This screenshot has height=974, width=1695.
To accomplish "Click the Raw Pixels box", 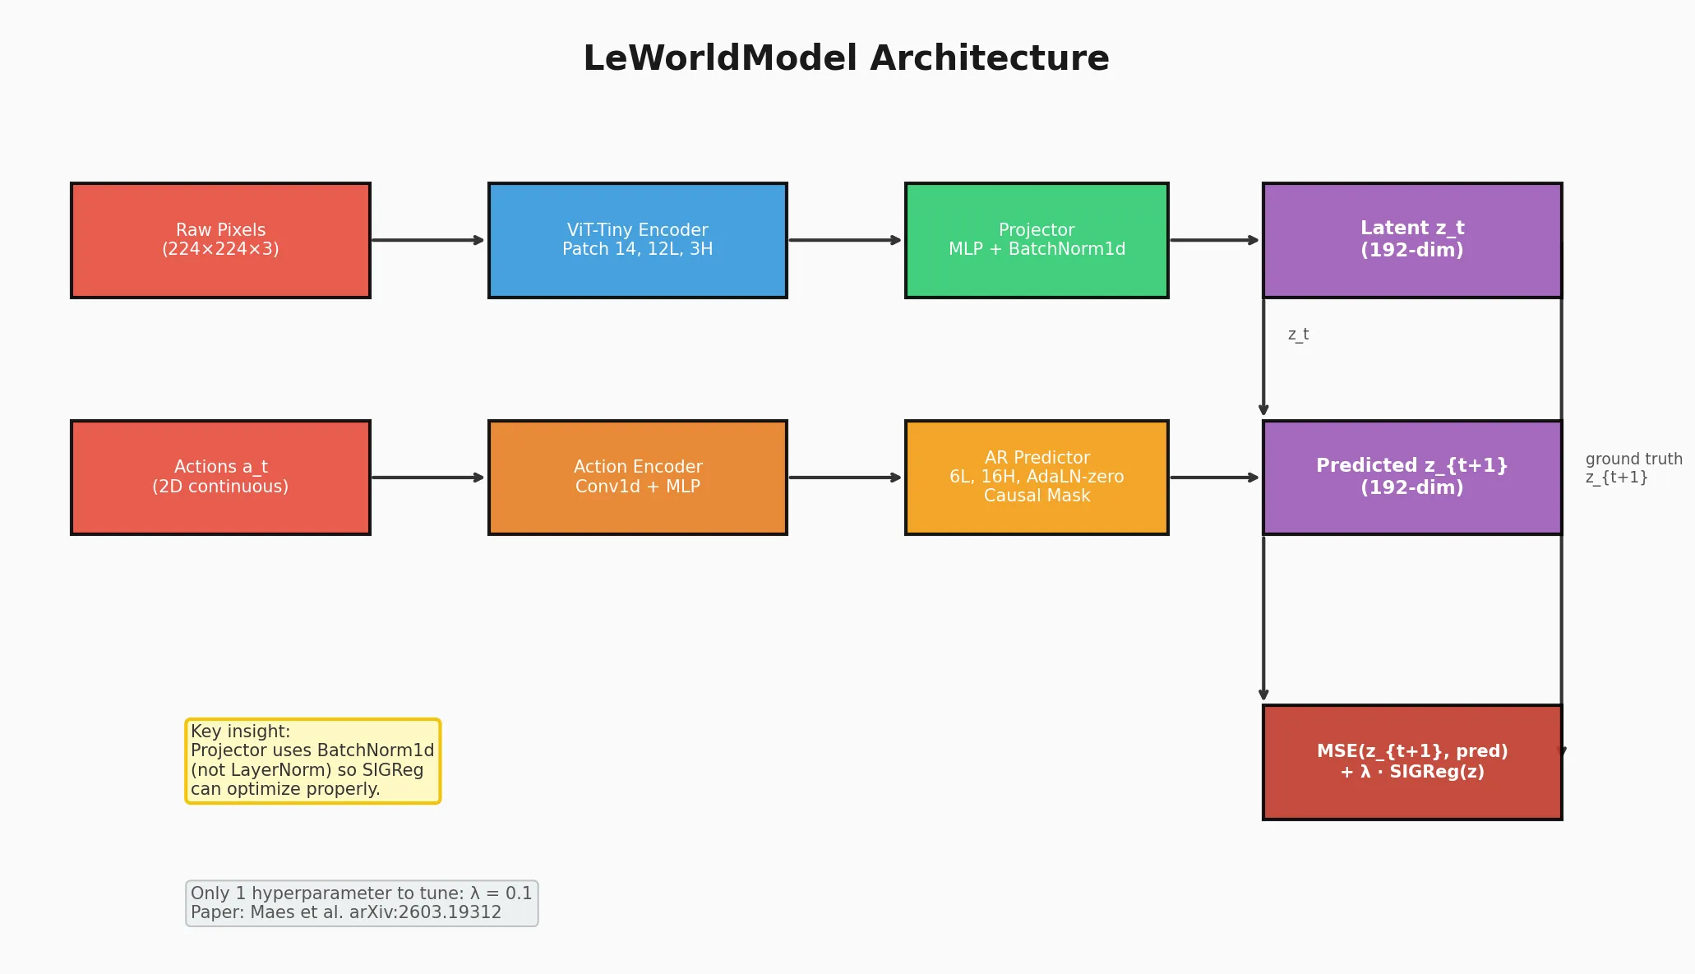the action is point(220,240).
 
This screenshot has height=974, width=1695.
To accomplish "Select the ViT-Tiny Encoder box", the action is point(638,240).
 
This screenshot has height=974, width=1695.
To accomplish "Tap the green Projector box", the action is point(1037,240).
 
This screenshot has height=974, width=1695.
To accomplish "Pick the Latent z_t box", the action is point(1412,240).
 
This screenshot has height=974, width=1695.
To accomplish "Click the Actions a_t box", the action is point(220,478).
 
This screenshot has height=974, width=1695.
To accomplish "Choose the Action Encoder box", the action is point(638,478).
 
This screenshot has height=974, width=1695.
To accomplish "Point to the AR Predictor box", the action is point(1037,478).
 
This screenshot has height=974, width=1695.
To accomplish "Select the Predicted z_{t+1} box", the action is point(1412,478).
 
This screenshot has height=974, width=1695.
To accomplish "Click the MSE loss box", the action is point(1412,762).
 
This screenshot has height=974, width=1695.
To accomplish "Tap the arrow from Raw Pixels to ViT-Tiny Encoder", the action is point(428,240).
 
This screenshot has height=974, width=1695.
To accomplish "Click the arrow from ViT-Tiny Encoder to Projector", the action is point(845,240).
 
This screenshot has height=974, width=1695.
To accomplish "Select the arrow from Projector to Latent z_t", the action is point(1215,240).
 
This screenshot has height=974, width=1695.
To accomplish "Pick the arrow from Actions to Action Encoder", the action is point(428,478).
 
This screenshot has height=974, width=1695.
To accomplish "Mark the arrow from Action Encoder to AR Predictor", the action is point(845,478).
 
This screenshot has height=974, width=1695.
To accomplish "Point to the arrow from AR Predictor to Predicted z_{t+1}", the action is point(1215,478).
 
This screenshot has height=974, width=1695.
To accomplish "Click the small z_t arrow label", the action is point(1298,335).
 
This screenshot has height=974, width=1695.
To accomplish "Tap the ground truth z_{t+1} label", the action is point(1633,469).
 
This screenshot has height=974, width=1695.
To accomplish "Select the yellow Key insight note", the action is point(313,761).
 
